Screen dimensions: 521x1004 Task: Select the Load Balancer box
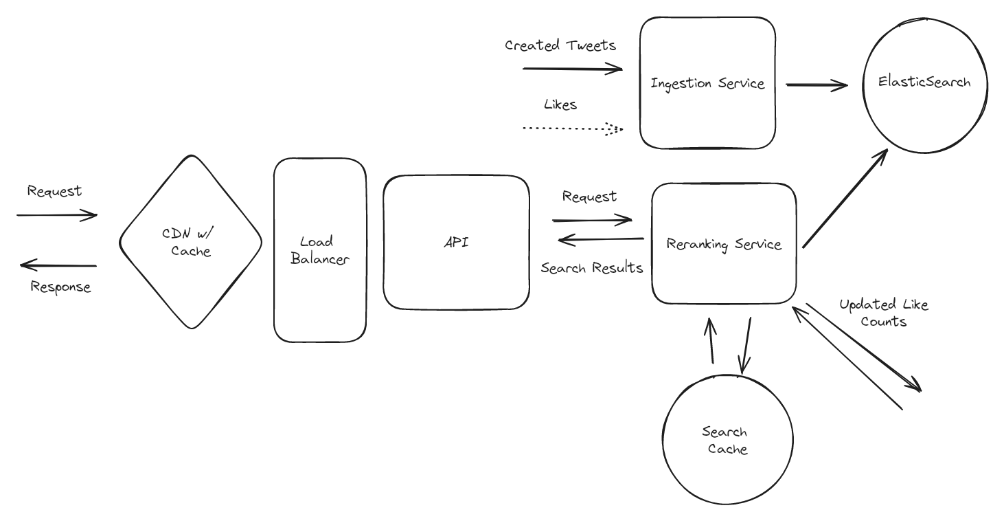[x=319, y=250]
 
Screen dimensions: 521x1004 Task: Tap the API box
[x=456, y=242]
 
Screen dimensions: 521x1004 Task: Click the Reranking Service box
[x=724, y=243]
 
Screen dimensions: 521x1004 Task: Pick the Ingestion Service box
[x=707, y=83]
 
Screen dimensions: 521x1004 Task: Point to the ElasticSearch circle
[x=924, y=82]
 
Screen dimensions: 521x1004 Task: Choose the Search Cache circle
[x=725, y=441]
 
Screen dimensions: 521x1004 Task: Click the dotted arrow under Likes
[x=572, y=129]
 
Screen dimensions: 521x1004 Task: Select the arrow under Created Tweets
[x=572, y=69]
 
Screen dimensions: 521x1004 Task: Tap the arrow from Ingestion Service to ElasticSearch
[x=816, y=86]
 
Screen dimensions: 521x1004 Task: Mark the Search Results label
[x=591, y=268]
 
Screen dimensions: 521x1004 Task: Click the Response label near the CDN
[x=60, y=287]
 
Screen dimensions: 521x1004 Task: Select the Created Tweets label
[x=560, y=45]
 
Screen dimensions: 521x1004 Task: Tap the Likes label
[x=560, y=104]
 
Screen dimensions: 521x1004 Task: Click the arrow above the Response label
[x=58, y=265]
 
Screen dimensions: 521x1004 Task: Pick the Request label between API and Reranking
[x=589, y=197]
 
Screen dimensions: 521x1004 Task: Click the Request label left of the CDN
[x=54, y=191]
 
